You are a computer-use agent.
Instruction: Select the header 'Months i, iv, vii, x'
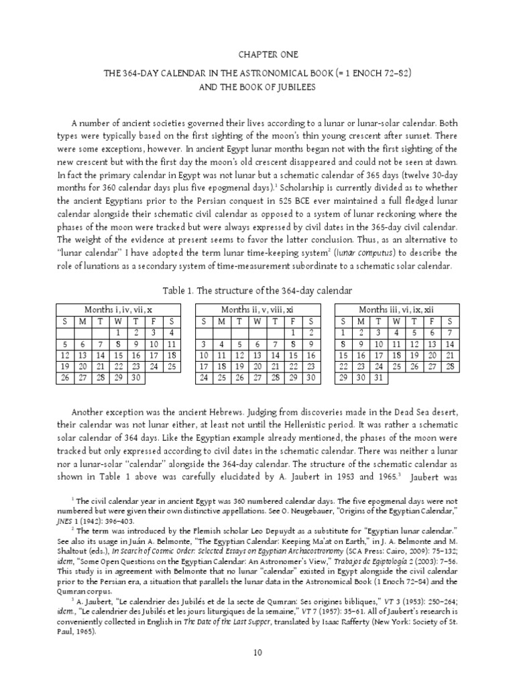(x=117, y=310)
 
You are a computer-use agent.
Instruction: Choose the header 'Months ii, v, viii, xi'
(x=257, y=310)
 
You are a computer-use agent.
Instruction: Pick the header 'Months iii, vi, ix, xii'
(x=396, y=310)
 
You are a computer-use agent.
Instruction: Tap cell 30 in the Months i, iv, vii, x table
(x=135, y=378)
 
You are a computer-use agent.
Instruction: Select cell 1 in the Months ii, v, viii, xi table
(x=292, y=332)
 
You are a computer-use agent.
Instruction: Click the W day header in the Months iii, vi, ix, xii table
(x=396, y=321)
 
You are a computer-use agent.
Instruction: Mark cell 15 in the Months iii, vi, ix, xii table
(x=344, y=355)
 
